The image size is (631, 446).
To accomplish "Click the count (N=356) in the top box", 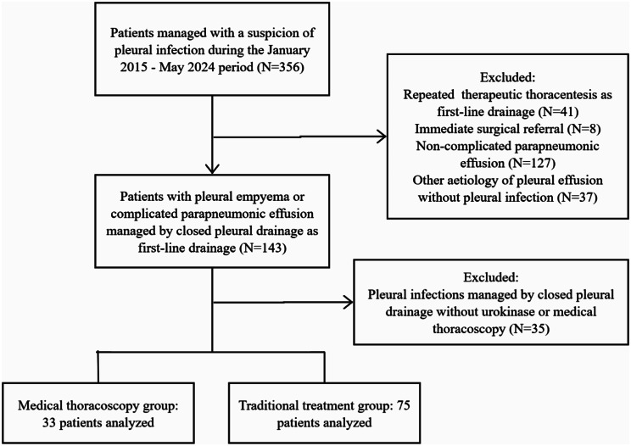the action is (281, 67).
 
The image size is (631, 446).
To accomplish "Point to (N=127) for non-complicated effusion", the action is (532, 163).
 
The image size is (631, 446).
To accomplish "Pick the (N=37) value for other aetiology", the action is (577, 197).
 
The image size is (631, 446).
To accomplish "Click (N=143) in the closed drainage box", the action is (263, 248).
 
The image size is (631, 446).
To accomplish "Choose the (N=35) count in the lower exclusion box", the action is (528, 329).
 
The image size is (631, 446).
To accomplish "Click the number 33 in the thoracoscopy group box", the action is (48, 422).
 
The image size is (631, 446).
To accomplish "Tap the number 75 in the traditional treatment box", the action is (403, 405).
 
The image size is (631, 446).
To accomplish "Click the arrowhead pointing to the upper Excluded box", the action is (382, 137).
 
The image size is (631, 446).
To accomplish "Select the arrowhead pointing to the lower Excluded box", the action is (348, 303).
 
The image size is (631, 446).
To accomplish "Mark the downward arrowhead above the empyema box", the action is (212, 169).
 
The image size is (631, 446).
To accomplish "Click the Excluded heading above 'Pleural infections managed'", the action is (491, 277).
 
